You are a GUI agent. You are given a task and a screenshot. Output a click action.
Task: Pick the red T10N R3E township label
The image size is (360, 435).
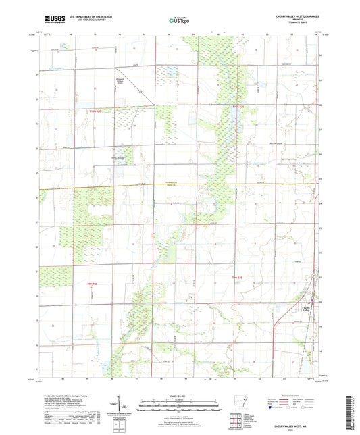(236, 276)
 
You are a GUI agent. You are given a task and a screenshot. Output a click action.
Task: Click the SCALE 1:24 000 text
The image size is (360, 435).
(179, 395)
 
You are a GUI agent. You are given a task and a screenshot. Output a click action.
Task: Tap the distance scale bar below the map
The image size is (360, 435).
(179, 407)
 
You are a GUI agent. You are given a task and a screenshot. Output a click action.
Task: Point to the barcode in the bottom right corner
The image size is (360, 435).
(354, 408)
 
